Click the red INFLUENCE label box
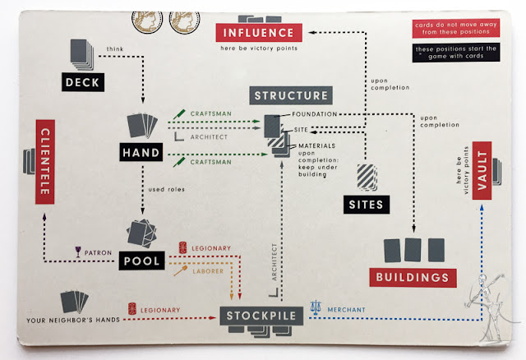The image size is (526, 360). pos(259,33)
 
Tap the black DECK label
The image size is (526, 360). pos(83,82)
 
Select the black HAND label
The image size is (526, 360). pos(141,152)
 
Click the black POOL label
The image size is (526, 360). pos(141,261)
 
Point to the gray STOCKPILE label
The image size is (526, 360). pos(261,316)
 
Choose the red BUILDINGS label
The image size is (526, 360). pos(413,278)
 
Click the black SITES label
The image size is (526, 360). pos(367,205)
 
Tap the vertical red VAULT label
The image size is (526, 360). pos(482,170)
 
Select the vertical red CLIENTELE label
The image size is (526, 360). pos(45,162)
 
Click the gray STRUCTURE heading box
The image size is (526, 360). pos(291,95)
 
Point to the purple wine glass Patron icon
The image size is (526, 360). pos(78,252)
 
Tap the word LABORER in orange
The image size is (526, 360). pos(208,271)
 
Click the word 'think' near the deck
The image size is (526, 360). pos(115,49)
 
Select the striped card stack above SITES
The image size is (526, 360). pos(367,178)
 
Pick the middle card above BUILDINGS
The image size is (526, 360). pos(413,250)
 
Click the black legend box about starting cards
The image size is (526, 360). pos(456,53)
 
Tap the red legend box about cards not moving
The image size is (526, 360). pos(456,28)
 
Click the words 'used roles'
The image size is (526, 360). pos(167,189)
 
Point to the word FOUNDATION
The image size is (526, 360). pos(315,114)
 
